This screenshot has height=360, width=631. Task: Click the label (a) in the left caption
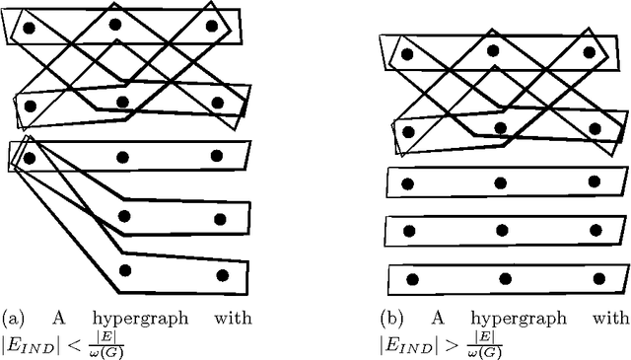14,319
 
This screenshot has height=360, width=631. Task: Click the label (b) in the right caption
392,319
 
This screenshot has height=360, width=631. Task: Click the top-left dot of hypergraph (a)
30,29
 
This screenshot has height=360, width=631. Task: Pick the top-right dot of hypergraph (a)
211,27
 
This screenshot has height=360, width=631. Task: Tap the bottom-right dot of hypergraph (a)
222,275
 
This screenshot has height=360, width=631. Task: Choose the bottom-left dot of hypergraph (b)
412,279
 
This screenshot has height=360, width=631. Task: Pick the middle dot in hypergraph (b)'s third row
500,182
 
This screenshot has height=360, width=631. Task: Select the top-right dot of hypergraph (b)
589,51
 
